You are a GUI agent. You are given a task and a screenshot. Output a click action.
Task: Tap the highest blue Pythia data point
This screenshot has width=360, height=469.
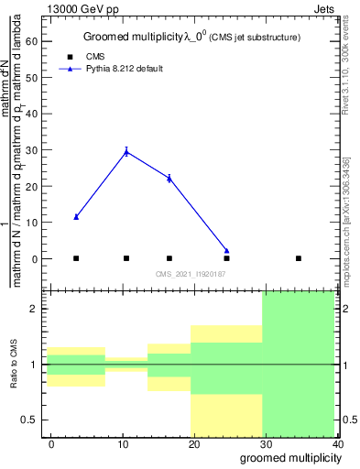[x=126, y=152]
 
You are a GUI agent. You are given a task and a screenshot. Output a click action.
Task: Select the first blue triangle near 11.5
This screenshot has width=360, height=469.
[x=76, y=217]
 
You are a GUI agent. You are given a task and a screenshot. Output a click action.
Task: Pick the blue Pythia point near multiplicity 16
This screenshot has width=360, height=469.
[x=169, y=178]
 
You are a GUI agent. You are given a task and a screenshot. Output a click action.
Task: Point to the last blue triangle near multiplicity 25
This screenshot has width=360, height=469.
[x=226, y=251]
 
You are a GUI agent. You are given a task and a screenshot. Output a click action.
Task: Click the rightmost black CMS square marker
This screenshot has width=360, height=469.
[x=299, y=258]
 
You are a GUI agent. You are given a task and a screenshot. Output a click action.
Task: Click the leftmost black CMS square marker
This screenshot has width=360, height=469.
[x=76, y=258]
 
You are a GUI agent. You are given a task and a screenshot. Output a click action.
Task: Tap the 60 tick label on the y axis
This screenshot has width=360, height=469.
[x=32, y=41]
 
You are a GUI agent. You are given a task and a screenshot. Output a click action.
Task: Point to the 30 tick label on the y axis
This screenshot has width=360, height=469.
[x=32, y=150]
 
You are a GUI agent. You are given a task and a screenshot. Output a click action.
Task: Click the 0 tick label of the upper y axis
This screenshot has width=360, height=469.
[x=35, y=259]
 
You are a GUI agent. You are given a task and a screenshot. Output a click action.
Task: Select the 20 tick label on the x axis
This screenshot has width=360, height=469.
[x=194, y=444]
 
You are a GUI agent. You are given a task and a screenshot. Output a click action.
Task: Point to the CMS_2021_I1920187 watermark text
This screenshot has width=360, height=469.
[x=191, y=274]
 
